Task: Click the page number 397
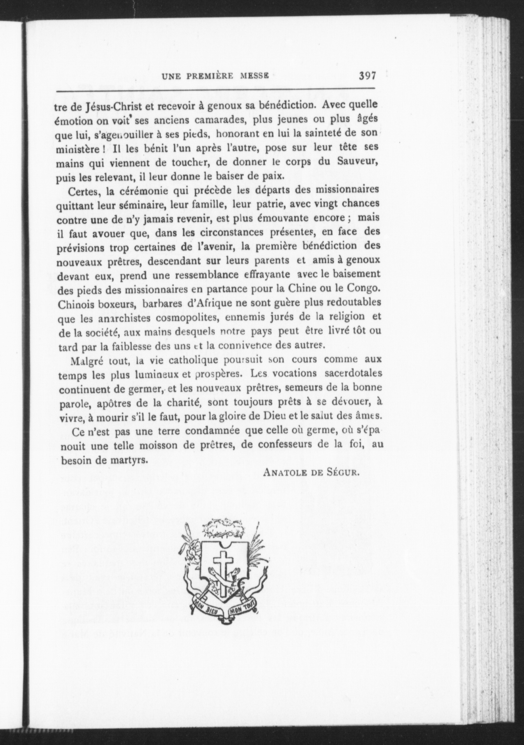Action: pos(367,76)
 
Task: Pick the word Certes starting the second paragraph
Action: pos(85,191)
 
